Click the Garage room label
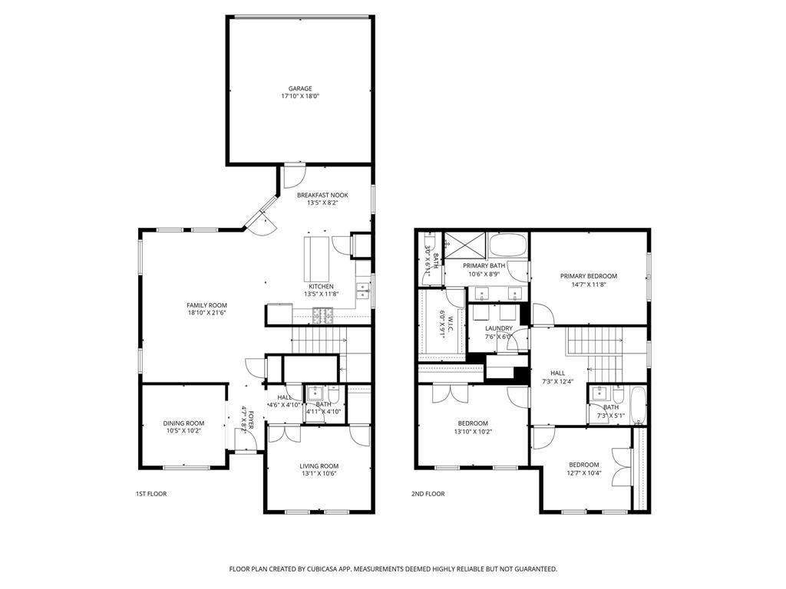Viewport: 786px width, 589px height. point(300,88)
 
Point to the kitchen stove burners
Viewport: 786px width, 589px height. point(324,314)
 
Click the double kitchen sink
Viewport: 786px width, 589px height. point(362,291)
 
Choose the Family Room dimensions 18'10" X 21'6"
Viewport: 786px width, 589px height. point(206,313)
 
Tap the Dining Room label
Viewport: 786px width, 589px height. point(183,423)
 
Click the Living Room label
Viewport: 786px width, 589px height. point(319,466)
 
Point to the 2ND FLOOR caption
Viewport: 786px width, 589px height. point(428,494)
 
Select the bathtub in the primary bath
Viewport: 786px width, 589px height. point(507,247)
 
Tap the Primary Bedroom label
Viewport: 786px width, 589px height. point(589,276)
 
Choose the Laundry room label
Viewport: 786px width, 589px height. point(498,328)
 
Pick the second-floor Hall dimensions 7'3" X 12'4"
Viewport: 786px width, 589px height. point(557,381)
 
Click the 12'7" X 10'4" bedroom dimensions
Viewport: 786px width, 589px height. point(584,472)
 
